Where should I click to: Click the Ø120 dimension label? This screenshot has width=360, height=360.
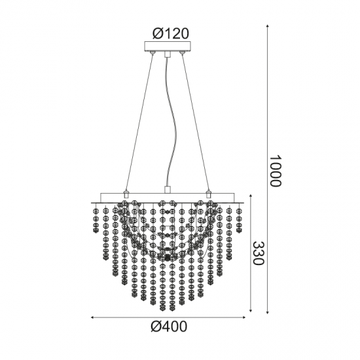point(171,34)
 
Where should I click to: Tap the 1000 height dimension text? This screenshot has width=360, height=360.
point(275,171)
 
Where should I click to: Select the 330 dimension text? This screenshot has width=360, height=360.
point(259,253)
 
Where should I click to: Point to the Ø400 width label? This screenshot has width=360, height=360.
point(169,326)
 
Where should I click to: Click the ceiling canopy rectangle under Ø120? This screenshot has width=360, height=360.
point(168,46)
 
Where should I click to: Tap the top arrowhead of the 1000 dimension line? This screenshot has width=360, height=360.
point(267,26)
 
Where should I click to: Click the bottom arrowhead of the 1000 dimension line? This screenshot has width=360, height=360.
point(267,312)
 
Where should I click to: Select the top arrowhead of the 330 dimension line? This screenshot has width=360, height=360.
point(251,196)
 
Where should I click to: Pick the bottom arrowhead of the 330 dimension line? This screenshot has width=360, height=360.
point(251,310)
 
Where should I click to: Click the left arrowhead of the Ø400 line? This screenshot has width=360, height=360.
point(92,317)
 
